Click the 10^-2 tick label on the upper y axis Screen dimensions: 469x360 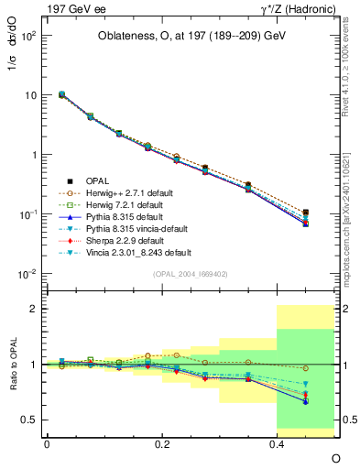27,274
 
